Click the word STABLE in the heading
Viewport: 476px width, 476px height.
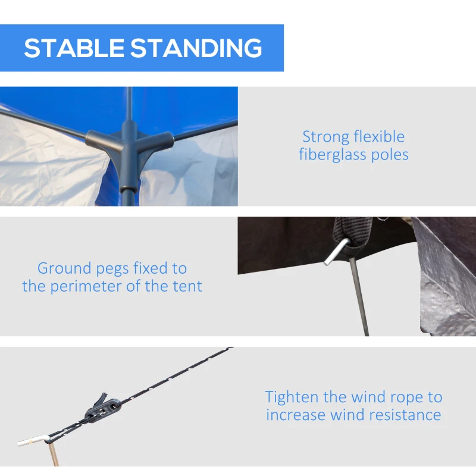[74, 48]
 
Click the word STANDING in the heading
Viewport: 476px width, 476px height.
[196, 48]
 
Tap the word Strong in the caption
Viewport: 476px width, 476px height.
[325, 137]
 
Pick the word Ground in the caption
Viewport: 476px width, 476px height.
[64, 269]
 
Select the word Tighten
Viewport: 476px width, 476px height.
[292, 397]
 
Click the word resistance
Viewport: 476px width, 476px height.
[401, 415]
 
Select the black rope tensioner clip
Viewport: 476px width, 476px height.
[102, 408]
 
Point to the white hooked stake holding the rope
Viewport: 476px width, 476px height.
[34, 441]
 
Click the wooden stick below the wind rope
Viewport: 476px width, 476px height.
[54, 455]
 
